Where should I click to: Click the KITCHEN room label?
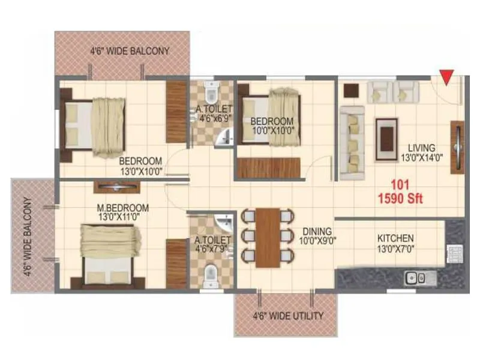tap(395, 238)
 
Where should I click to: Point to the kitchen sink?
tap(415, 277)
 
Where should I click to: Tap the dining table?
tap(267, 238)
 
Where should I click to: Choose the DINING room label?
tap(317, 230)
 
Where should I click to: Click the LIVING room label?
tap(422, 148)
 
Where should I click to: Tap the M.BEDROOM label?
tap(123, 208)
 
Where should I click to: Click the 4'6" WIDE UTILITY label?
tap(288, 316)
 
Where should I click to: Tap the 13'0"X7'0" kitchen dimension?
tap(395, 248)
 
